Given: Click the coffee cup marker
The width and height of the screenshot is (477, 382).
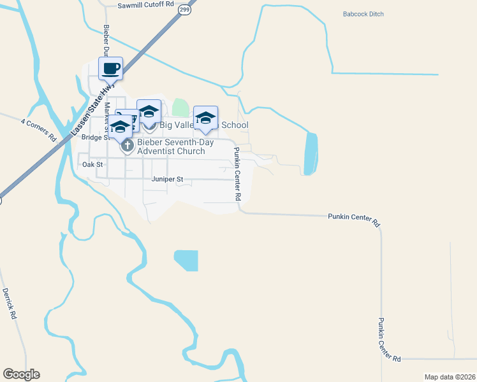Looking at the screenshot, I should [x=110, y=67].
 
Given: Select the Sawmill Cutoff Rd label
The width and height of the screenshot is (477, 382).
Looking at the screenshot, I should [x=146, y=4].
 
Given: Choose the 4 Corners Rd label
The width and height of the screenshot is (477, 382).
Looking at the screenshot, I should [x=38, y=129].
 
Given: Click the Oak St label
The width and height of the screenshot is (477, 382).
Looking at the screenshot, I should [x=92, y=164].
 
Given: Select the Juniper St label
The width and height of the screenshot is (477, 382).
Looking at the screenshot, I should [x=167, y=180].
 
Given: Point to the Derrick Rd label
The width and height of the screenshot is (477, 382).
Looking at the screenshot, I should [x=9, y=302].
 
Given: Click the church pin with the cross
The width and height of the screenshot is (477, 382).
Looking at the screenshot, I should [x=127, y=146].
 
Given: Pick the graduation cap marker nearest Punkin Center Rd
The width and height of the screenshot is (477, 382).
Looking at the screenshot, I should [x=205, y=117].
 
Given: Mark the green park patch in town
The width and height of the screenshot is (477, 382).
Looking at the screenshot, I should [x=180, y=108].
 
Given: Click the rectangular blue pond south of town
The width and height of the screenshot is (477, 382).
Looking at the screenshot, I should [x=186, y=260].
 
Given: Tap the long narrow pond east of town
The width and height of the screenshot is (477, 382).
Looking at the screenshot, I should [x=311, y=153].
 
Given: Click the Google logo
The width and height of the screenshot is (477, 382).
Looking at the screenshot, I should [x=21, y=374].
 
